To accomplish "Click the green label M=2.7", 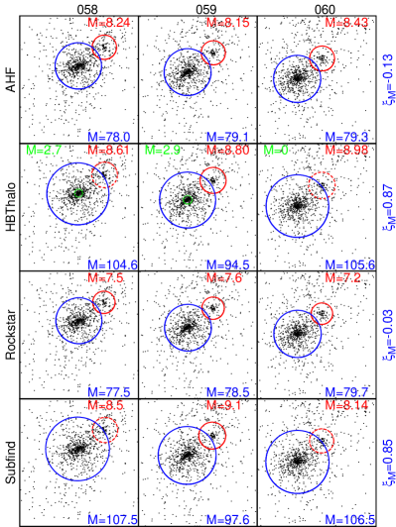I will tap(45, 150).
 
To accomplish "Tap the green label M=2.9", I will tap(163, 150).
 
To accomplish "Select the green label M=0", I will tap(275, 150).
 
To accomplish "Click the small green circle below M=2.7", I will tap(78, 192).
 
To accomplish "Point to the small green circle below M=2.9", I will tap(187, 200).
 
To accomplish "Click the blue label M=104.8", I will tap(112, 265).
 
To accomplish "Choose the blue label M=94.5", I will tap(227, 265).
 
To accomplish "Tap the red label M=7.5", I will tap(105, 278).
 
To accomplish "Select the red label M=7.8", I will tap(223, 278).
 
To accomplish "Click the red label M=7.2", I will tap(341, 278).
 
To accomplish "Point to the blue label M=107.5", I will tap(112, 520).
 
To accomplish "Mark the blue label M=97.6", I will tap(227, 520).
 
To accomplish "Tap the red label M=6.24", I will tap(109, 22).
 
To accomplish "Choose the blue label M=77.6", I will tap(109, 392).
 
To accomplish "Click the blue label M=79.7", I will tap(346, 392).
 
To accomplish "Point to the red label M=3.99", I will tap(346, 150).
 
